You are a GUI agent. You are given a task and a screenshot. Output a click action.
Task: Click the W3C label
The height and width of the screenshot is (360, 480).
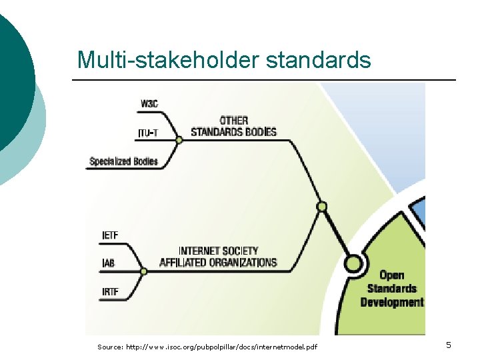[x=149, y=103]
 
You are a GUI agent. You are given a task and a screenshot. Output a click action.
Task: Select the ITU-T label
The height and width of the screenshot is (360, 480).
[x=148, y=133]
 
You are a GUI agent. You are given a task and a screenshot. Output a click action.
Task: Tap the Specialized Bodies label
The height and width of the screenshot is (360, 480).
[x=123, y=161]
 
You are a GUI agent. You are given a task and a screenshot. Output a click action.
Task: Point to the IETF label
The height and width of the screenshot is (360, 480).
[x=111, y=235]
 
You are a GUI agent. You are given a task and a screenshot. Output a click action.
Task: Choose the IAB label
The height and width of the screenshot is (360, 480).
[x=108, y=263]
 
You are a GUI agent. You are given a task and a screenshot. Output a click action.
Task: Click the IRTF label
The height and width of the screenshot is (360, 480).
[x=111, y=292]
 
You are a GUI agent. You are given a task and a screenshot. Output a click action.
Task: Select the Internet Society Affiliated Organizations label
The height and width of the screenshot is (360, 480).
[x=218, y=257]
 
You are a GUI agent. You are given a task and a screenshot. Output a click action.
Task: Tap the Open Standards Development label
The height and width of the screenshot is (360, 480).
[x=391, y=289]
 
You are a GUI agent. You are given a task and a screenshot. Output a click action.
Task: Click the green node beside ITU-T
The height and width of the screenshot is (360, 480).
[x=179, y=139]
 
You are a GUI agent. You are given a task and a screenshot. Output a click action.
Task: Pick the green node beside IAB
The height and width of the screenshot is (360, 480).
[x=143, y=271]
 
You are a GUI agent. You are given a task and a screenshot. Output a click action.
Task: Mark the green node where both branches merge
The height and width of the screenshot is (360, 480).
[x=322, y=207]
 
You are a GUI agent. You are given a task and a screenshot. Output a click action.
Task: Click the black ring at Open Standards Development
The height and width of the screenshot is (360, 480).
[x=353, y=264]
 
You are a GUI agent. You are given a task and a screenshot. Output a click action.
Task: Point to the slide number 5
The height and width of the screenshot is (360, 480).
[x=449, y=345]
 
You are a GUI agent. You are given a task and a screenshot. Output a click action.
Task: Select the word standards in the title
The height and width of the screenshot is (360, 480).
[x=318, y=60]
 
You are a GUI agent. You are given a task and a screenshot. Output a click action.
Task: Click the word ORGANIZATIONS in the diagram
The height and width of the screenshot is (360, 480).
[x=237, y=263]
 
